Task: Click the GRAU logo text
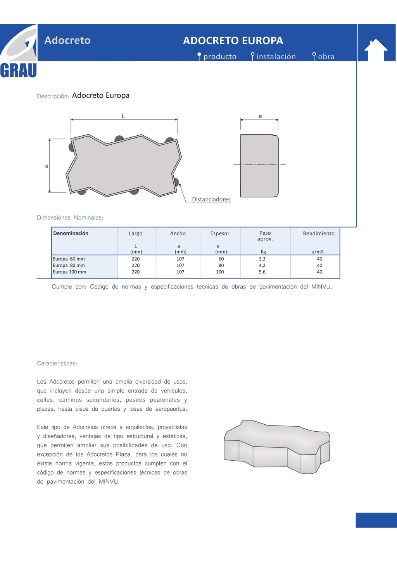pyautogui.click(x=18, y=71)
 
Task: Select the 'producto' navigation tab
pyautogui.click(x=219, y=57)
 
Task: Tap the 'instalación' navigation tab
pyautogui.click(x=276, y=57)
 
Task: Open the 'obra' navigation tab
pyautogui.click(x=326, y=57)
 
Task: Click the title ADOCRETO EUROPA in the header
pyautogui.click(x=233, y=41)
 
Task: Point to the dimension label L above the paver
pyautogui.click(x=123, y=116)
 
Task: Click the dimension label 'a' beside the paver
pyautogui.click(x=47, y=166)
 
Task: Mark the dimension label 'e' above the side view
pyautogui.click(x=260, y=116)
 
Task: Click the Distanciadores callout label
pyautogui.click(x=211, y=199)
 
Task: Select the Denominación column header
pyautogui.click(x=71, y=233)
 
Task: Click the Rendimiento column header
pyautogui.click(x=318, y=233)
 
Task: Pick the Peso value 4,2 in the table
pyautogui.click(x=262, y=266)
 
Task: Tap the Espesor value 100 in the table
pyautogui.click(x=220, y=272)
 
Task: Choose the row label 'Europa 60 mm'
pyautogui.click(x=69, y=259)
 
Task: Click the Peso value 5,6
pyautogui.click(x=262, y=272)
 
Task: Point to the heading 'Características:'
pyautogui.click(x=57, y=363)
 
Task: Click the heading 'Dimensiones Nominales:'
pyautogui.click(x=70, y=218)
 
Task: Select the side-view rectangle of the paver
pyautogui.click(x=259, y=166)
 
